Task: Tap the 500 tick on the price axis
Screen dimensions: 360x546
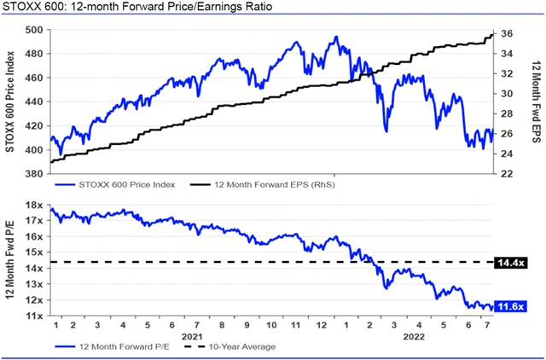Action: point(36,29)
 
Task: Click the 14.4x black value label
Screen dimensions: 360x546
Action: point(512,261)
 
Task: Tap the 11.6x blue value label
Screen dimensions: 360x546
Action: point(512,306)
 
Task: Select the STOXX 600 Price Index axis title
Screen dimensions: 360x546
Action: point(10,102)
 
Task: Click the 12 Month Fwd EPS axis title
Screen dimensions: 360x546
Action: point(536,102)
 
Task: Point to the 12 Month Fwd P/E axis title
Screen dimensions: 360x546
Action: point(10,260)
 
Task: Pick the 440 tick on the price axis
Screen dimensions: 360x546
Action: point(36,102)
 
